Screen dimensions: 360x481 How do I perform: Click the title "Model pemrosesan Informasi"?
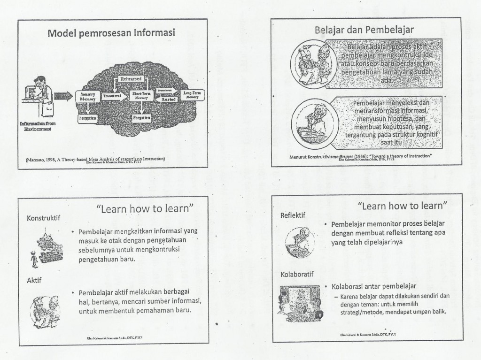point(111,33)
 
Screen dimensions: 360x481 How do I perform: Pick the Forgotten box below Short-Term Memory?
point(141,118)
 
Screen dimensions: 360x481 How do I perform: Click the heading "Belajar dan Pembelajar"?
point(364,30)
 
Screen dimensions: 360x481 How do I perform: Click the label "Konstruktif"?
point(44,218)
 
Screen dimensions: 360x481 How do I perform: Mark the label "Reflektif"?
point(293,216)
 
